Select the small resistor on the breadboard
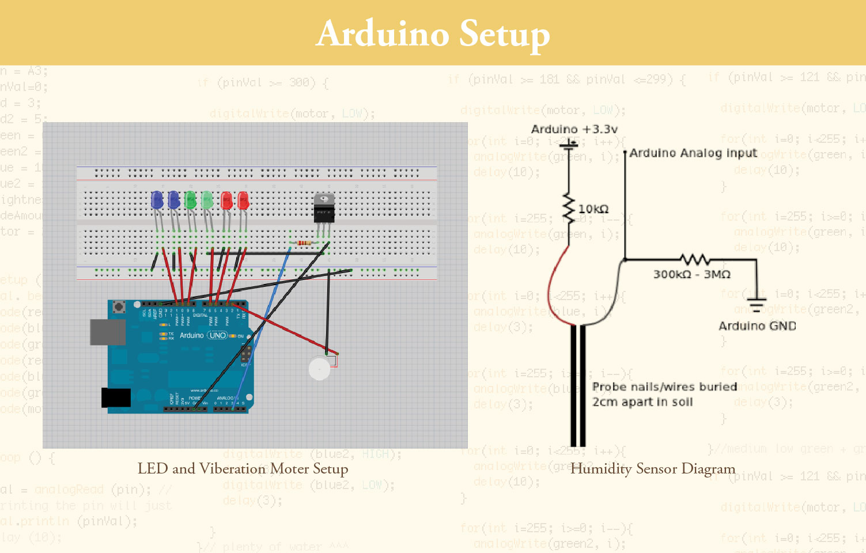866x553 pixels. pos(303,243)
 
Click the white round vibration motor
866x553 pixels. pos(319,369)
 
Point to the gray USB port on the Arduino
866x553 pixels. pos(108,332)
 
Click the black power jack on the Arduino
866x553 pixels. pos(116,397)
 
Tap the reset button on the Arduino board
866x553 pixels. pos(119,306)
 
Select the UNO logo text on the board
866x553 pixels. pos(217,335)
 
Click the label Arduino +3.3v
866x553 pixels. pos(574,129)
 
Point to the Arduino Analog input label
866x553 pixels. pos(693,153)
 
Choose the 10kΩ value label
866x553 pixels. pos(593,209)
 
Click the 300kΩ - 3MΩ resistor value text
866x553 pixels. pos(691,274)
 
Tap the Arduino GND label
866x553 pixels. pos(757,326)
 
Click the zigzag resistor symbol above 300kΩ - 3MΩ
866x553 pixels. pos(694,260)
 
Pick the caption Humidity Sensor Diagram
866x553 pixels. pos(653,469)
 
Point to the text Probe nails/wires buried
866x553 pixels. pos(664,387)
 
